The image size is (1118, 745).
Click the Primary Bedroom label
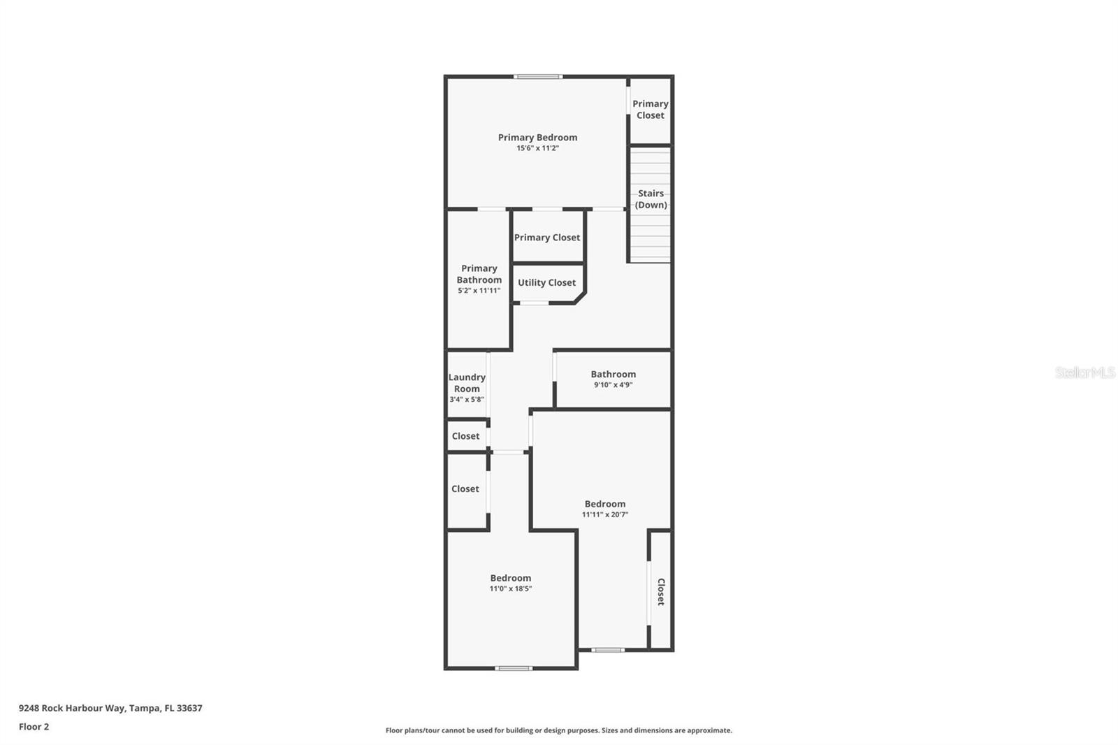(x=537, y=138)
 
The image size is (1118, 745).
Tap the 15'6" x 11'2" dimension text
(x=537, y=148)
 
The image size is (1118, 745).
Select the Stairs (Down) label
(x=651, y=199)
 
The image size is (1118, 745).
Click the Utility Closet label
(x=546, y=283)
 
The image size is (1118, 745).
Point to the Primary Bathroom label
(x=479, y=274)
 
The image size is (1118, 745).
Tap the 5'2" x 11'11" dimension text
(x=479, y=291)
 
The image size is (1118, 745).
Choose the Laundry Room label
(x=467, y=383)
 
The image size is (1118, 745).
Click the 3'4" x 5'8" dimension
(x=467, y=400)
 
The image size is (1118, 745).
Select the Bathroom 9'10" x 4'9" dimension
(x=613, y=385)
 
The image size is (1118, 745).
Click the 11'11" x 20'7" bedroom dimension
(x=605, y=515)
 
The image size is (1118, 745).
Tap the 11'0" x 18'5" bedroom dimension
(x=510, y=589)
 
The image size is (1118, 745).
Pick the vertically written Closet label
(x=660, y=591)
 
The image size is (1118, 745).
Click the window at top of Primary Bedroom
(x=537, y=76)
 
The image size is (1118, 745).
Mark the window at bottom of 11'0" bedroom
(x=514, y=669)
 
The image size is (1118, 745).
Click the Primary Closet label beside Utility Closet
(x=546, y=238)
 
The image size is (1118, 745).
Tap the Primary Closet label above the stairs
(x=650, y=110)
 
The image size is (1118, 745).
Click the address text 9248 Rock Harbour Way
(x=110, y=708)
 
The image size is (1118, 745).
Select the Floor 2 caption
(x=34, y=727)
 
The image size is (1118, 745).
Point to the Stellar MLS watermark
(x=1084, y=372)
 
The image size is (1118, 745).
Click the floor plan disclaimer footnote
(x=558, y=730)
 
